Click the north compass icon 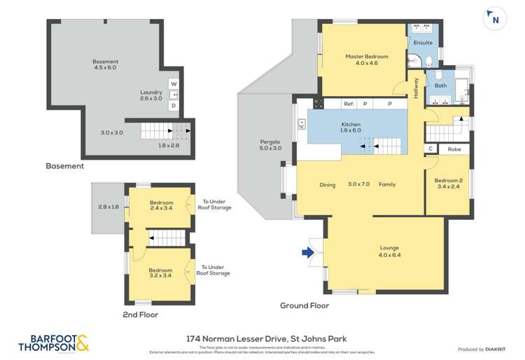click(x=495, y=19)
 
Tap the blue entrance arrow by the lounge click(x=307, y=253)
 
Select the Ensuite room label click(x=423, y=43)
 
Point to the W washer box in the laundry click(x=174, y=84)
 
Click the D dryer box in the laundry click(x=174, y=105)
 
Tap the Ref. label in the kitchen click(x=348, y=104)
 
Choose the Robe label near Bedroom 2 click(x=454, y=148)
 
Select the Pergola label click(x=270, y=144)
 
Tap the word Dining click(x=328, y=185)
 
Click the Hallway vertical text click(x=416, y=88)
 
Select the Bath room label click(x=440, y=85)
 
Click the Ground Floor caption click(x=304, y=305)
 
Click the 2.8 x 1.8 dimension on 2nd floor click(x=108, y=207)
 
